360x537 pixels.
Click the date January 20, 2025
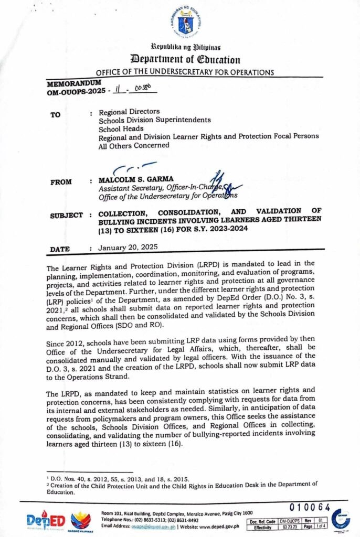coord(125,246)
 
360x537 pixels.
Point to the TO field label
coord(55,115)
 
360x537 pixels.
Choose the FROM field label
coord(61,182)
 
